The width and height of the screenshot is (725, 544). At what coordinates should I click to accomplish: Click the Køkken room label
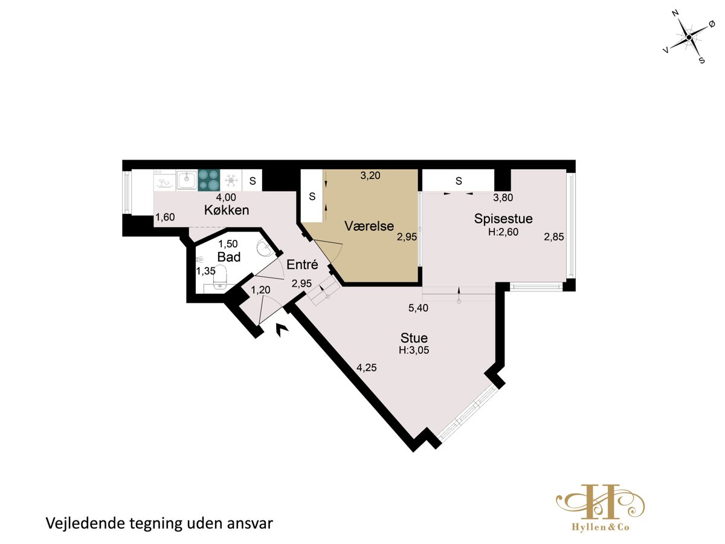point(227,210)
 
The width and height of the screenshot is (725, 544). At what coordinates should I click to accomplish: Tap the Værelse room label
point(369,226)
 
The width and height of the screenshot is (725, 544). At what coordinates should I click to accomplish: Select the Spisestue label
point(503,219)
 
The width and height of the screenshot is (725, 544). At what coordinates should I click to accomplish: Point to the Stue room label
point(414,338)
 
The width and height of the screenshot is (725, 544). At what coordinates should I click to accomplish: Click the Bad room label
point(229,257)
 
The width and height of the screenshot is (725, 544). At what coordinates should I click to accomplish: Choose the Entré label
point(302,264)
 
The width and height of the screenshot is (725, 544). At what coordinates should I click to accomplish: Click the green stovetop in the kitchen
point(209,180)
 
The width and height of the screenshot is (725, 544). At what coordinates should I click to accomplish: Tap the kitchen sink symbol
point(186,180)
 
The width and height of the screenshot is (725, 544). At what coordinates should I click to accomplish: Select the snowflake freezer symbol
point(231,180)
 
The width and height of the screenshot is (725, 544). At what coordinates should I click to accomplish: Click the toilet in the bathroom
point(220,277)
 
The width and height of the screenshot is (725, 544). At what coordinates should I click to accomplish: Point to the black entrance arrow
point(282,329)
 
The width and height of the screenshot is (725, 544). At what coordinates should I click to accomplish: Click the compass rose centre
point(689,37)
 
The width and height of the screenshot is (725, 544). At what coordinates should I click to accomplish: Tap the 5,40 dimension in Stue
point(418,308)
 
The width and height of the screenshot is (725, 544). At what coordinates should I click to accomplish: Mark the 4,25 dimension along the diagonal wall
point(367,368)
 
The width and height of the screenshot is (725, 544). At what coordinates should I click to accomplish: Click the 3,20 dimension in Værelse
point(370,175)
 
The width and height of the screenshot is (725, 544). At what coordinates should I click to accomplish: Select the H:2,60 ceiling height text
point(503,232)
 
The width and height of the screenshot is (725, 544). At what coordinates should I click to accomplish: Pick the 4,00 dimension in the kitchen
point(226,197)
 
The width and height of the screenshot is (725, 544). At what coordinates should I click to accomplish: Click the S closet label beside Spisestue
point(459,181)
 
